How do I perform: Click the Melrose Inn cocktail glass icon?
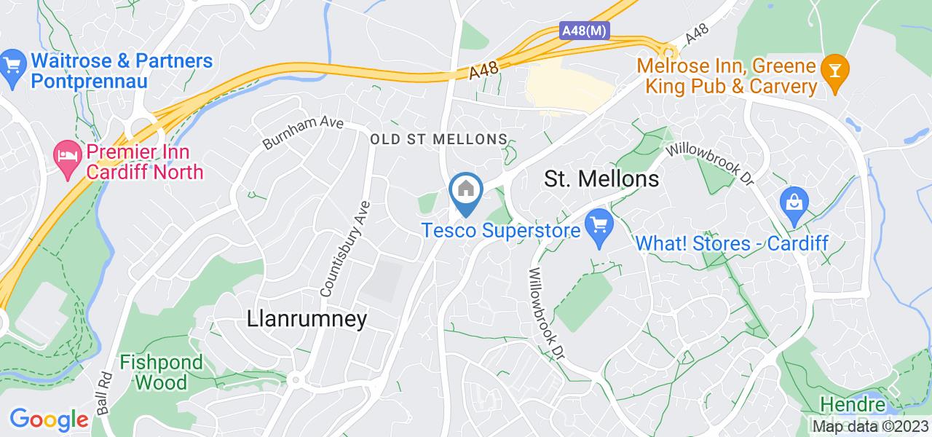pyautogui.click(x=832, y=71)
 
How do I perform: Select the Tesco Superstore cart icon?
pyautogui.click(x=600, y=226)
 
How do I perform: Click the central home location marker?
pyautogui.click(x=465, y=191)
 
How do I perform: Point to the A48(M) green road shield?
pyautogui.click(x=584, y=31)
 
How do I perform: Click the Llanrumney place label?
pyautogui.click(x=307, y=319)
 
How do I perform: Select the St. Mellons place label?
pyautogui.click(x=601, y=178)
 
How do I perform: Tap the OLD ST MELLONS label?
pyautogui.click(x=438, y=138)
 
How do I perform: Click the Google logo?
pyautogui.click(x=49, y=420)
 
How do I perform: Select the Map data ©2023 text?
pyautogui.click(x=871, y=426)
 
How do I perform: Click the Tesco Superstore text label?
pyautogui.click(x=501, y=230)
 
